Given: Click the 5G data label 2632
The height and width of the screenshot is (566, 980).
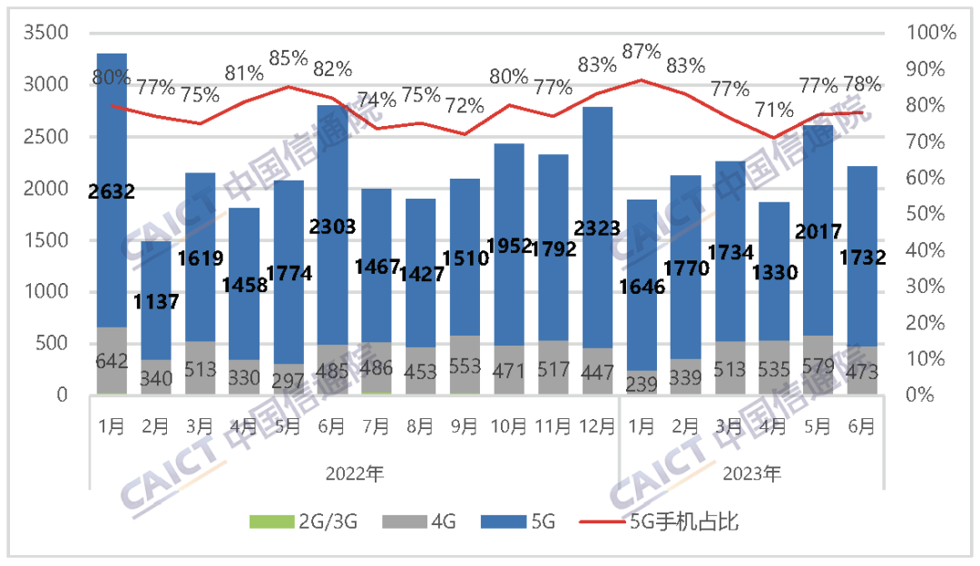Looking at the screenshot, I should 112,191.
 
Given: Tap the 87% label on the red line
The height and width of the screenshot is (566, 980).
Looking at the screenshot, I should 642,52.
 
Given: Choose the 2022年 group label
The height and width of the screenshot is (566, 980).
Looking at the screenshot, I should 354,473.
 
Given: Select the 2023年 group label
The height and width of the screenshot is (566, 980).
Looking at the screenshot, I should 752,473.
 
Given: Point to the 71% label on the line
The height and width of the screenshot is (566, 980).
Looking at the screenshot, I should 774,111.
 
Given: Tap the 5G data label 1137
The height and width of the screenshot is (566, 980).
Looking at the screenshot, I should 156,300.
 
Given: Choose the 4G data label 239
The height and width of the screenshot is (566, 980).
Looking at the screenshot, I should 642,384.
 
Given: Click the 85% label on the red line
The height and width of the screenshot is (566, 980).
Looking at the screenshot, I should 289,58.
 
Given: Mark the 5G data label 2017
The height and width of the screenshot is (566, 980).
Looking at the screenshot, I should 818,229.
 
